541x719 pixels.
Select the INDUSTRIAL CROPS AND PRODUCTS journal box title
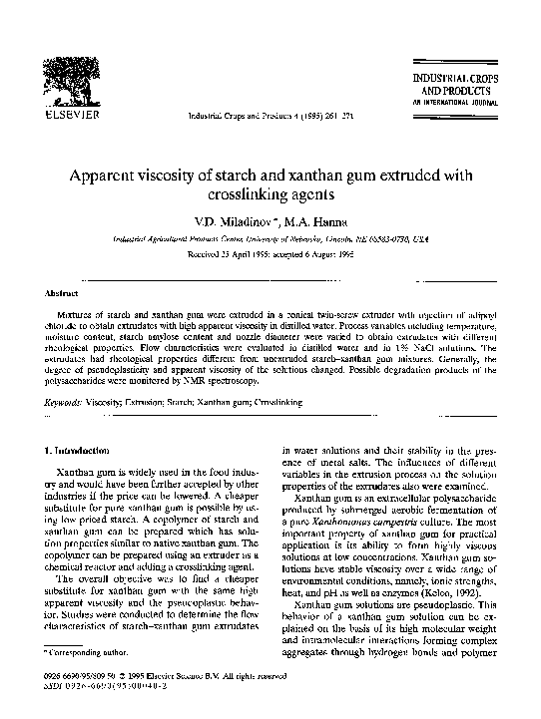click(x=465, y=82)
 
